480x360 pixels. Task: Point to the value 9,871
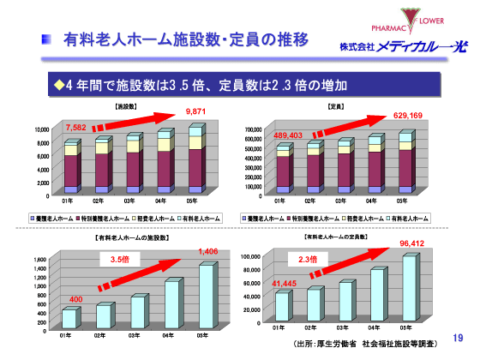point(196,111)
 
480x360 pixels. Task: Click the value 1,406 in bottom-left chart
point(209,251)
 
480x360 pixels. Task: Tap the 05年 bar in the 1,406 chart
point(207,296)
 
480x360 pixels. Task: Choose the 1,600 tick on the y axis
point(39,259)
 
